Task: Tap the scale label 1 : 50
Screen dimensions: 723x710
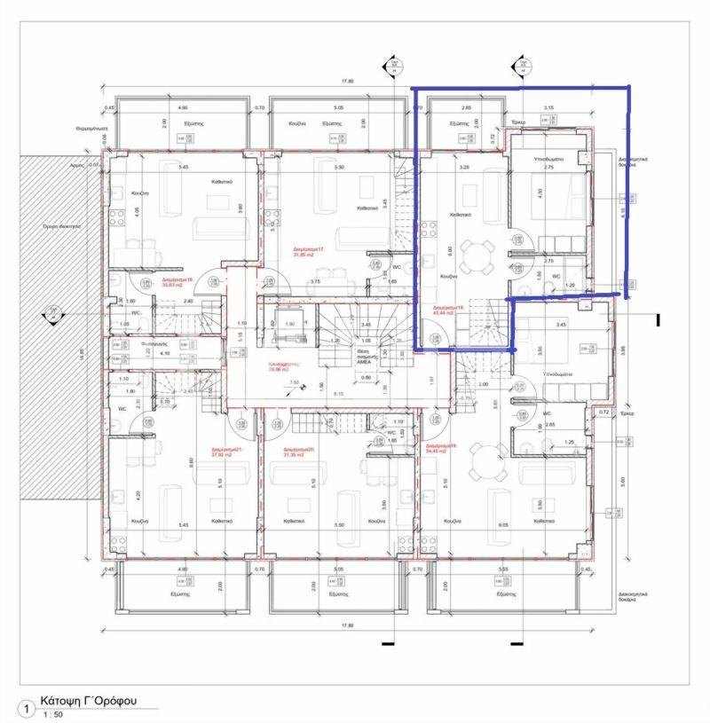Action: click(53, 714)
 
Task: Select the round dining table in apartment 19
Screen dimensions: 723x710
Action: click(485, 461)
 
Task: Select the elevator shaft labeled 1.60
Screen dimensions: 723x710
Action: click(289, 326)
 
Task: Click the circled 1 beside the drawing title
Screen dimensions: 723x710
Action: click(27, 710)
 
